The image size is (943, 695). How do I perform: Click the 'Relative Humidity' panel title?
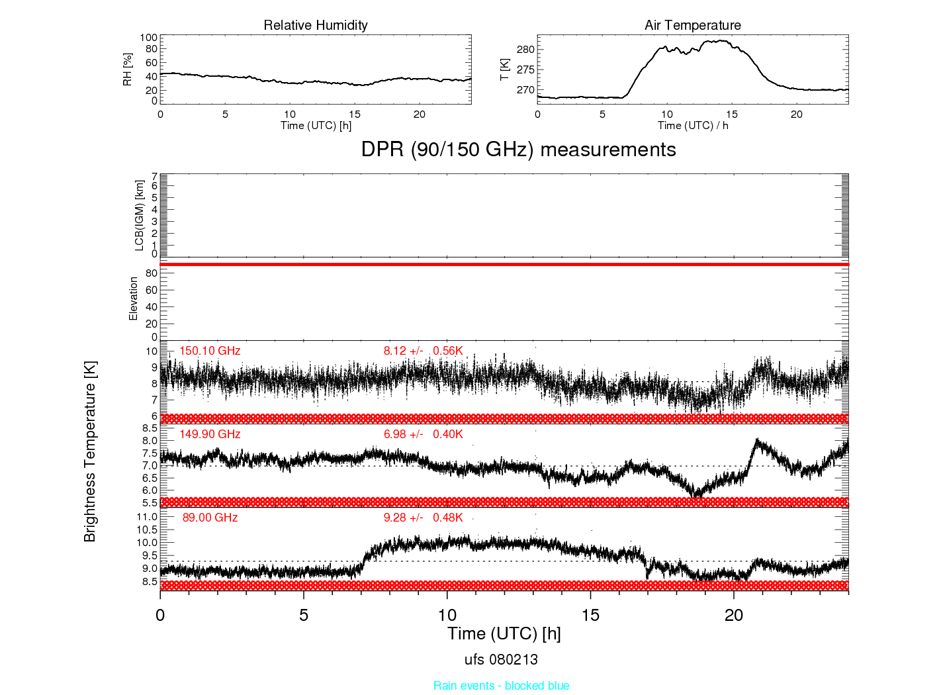pyautogui.click(x=315, y=25)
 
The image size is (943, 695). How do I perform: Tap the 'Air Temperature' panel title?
pyautogui.click(x=692, y=25)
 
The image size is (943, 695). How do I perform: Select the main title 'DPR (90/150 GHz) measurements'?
pyautogui.click(x=519, y=150)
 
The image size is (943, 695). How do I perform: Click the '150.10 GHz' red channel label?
pyautogui.click(x=210, y=351)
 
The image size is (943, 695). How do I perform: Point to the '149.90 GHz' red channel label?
pyautogui.click(x=210, y=434)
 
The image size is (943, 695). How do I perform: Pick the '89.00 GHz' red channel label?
pyautogui.click(x=210, y=518)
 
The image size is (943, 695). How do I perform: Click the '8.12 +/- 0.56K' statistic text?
pyautogui.click(x=423, y=351)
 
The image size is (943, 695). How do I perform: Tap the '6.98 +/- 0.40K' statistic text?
pyautogui.click(x=423, y=434)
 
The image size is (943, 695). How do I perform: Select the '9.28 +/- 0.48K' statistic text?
pyautogui.click(x=423, y=518)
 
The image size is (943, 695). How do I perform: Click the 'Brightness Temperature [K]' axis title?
pyautogui.click(x=90, y=451)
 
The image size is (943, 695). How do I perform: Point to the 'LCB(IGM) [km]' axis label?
pyautogui.click(x=140, y=216)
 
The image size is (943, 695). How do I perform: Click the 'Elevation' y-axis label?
pyautogui.click(x=133, y=299)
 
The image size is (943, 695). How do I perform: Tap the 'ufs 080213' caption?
pyautogui.click(x=501, y=660)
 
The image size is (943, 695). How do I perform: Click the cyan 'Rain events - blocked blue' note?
pyautogui.click(x=502, y=686)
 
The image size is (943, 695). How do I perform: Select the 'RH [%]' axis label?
pyautogui.click(x=127, y=69)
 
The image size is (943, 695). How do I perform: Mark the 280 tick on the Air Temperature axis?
pyautogui.click(x=525, y=50)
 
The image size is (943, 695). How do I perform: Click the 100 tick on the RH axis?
pyautogui.click(x=149, y=38)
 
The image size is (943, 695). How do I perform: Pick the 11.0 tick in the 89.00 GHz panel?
pyautogui.click(x=147, y=517)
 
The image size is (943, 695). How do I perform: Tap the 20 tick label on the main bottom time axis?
pyautogui.click(x=734, y=616)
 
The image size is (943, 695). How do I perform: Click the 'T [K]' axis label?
pyautogui.click(x=504, y=69)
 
